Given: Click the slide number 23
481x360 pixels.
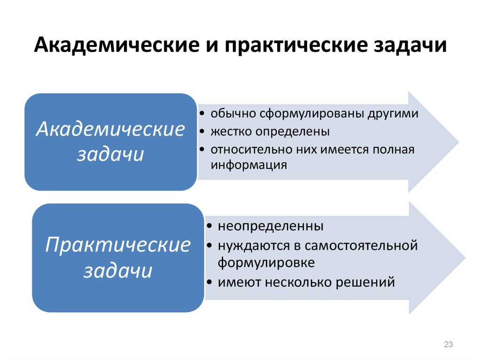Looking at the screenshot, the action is (x=448, y=344).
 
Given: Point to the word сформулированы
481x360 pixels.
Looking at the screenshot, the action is (x=312, y=114).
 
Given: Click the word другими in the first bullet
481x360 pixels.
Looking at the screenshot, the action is (x=393, y=114).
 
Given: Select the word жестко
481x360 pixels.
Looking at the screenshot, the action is (x=231, y=131).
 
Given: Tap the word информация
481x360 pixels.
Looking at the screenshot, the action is (x=249, y=165).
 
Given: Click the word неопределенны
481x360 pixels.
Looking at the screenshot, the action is (x=271, y=226).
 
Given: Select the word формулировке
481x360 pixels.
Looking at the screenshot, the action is (x=266, y=263).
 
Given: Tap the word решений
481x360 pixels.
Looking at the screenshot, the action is (x=365, y=282).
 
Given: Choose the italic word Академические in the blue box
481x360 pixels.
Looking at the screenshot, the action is (x=110, y=129).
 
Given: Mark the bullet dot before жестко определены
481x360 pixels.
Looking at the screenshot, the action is (x=202, y=131).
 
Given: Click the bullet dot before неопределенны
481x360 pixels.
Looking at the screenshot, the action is (x=209, y=226).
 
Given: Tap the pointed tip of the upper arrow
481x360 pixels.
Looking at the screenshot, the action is (x=459, y=142).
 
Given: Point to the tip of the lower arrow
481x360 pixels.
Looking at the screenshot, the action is (x=465, y=258).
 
